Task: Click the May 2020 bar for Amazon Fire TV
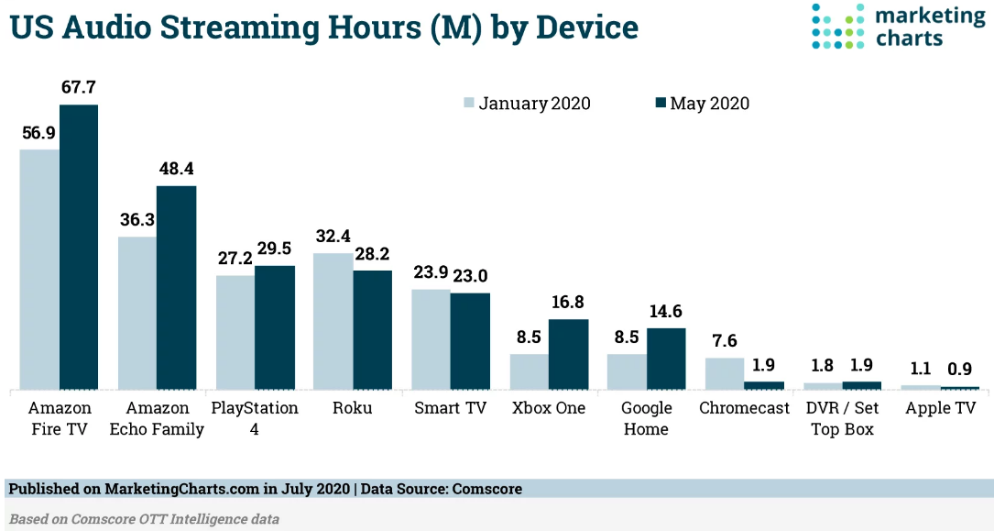point(79,248)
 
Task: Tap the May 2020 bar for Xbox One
point(567,355)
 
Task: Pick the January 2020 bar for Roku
point(333,322)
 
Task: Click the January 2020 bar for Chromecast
point(724,374)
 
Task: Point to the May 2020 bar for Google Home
point(666,360)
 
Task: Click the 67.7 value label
point(79,88)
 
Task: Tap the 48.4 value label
point(176,170)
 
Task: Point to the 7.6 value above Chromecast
point(724,341)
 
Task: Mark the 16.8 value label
point(567,303)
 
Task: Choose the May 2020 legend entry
point(703,104)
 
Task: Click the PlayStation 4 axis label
point(255,418)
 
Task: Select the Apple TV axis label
point(940,408)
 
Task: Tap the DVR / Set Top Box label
point(842,418)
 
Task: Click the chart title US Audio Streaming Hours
point(323,27)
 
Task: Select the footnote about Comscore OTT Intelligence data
point(144,519)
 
